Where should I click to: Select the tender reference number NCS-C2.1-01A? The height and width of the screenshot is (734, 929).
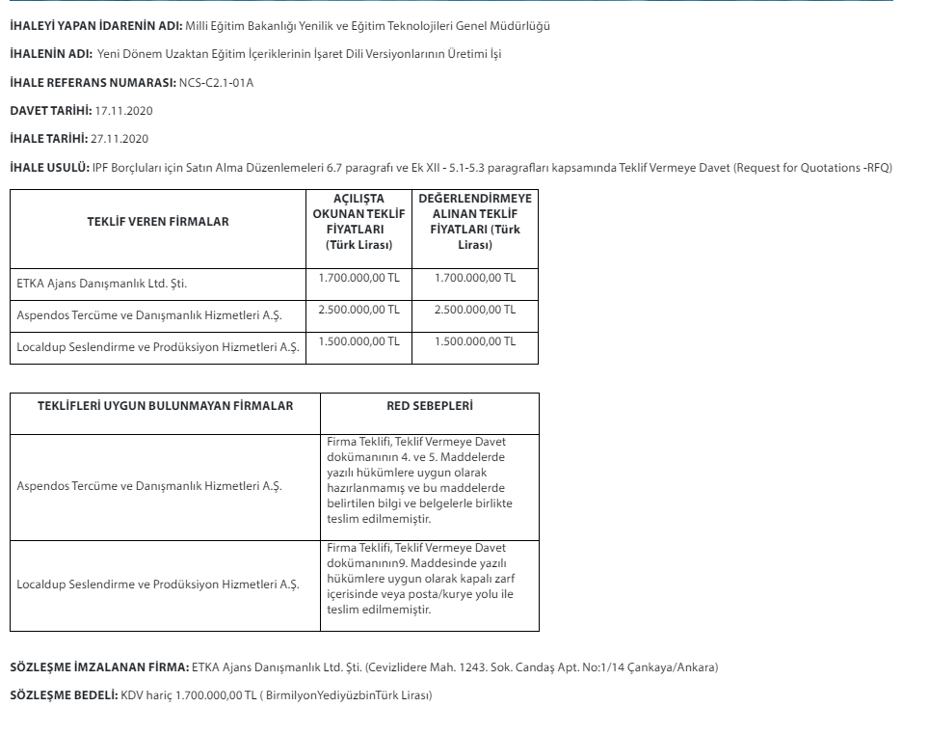(217, 82)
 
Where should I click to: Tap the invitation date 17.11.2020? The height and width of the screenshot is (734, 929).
(124, 111)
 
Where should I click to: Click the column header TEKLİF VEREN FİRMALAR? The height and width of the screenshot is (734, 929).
(158, 222)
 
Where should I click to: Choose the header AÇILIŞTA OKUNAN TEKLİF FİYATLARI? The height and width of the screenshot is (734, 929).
(358, 222)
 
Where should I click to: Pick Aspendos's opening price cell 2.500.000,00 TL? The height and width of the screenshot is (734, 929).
(358, 310)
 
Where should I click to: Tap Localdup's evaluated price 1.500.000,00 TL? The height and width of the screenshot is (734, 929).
(475, 341)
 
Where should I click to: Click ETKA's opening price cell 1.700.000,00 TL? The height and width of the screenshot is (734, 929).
(358, 278)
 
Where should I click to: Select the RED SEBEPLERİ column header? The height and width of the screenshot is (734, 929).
(429, 406)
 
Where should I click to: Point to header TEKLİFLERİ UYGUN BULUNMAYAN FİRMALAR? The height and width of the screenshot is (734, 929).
(165, 406)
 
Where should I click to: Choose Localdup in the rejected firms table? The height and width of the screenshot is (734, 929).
(158, 584)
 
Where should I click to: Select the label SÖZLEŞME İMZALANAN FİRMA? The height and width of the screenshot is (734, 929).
(99, 667)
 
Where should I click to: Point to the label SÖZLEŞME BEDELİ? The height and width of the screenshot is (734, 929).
(64, 695)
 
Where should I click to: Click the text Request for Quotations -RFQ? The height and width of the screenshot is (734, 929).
(811, 168)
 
